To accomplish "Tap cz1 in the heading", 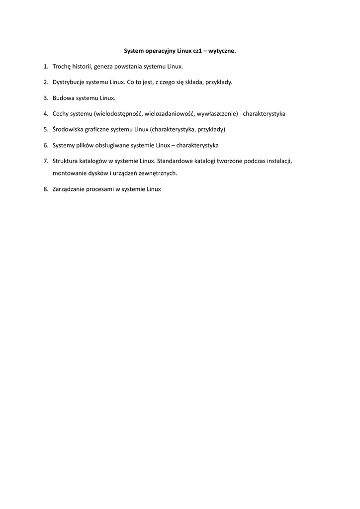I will click(198, 51).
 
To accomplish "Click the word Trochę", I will click(62, 66).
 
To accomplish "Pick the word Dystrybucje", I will click(69, 82).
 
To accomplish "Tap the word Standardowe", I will click(177, 162).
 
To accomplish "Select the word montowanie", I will click(69, 173).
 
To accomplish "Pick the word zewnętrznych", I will click(159, 173).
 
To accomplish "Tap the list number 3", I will click(45, 98).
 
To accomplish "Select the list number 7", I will click(45, 162).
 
